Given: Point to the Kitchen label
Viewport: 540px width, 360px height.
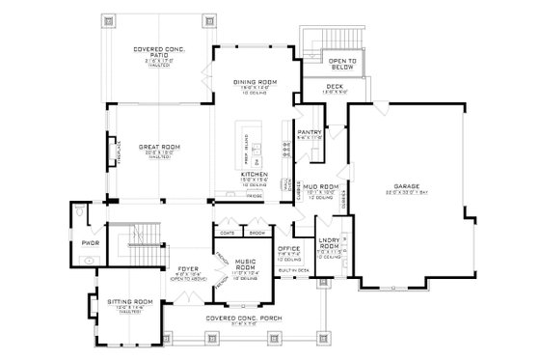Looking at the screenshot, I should click(x=254, y=174).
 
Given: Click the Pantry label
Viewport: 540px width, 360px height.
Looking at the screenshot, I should click(x=309, y=132).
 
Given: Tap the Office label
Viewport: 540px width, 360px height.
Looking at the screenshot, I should click(x=289, y=249).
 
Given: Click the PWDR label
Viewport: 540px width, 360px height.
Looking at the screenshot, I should click(x=91, y=242).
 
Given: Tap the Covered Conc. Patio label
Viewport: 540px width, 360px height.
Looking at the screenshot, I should click(x=160, y=51).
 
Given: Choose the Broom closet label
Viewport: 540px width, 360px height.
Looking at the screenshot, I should click(x=256, y=232).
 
